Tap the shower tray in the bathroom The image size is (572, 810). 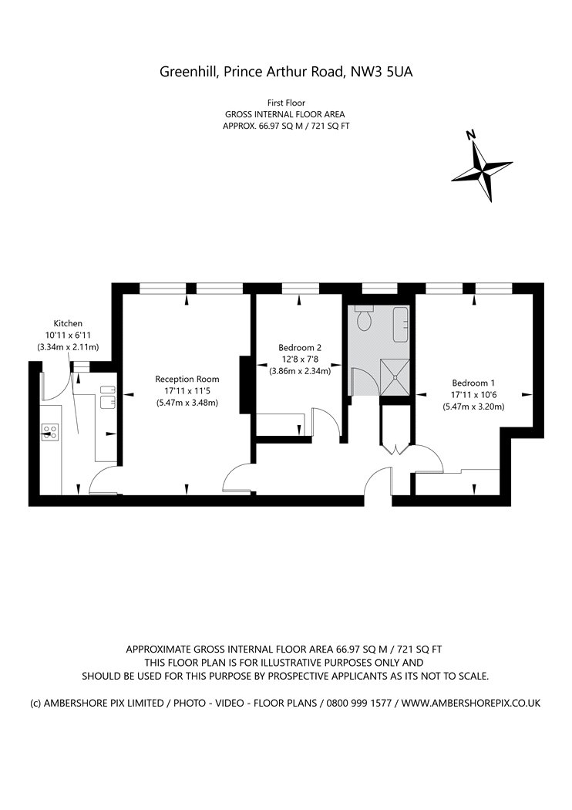(x=395, y=376)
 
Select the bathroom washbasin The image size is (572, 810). (x=402, y=325)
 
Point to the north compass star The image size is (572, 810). (x=482, y=170)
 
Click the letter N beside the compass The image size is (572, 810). (x=470, y=135)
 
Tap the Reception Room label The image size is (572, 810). (x=187, y=380)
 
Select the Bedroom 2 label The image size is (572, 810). (x=300, y=348)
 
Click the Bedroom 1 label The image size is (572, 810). (x=473, y=383)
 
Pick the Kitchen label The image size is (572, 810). (x=68, y=323)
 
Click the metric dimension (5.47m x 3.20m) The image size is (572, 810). (x=473, y=407)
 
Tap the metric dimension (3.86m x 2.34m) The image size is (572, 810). (x=300, y=370)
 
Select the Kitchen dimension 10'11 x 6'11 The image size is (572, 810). (x=68, y=336)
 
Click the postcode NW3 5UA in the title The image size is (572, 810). (x=382, y=72)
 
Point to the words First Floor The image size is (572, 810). (x=286, y=103)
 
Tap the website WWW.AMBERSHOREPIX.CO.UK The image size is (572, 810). (x=471, y=703)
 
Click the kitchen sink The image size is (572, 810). (x=107, y=397)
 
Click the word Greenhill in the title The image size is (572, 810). (x=189, y=72)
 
